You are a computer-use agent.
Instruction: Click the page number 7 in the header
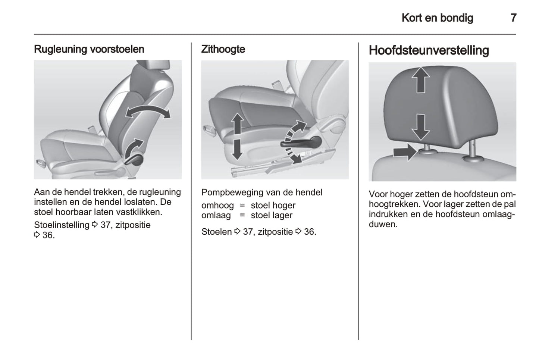pos(514,18)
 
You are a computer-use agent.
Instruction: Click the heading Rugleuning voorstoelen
pos(89,49)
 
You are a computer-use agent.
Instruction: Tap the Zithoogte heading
pos(223,49)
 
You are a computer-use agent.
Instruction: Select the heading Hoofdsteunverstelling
pos(429,50)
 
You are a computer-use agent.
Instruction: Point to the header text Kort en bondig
pos(438,18)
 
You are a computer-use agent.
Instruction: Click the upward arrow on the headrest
pos(421,80)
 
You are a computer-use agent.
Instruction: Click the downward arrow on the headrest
pos(421,127)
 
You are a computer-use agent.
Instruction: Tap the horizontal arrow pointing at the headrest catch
pos(405,152)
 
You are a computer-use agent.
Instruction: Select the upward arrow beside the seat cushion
pos(238,124)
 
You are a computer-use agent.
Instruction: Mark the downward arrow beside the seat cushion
pos(238,150)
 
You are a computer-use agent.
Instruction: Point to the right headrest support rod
pos(473,151)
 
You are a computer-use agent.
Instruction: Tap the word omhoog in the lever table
pos(217,206)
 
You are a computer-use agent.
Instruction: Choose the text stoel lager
pos(272,215)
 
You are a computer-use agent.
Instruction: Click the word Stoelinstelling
pos(62,225)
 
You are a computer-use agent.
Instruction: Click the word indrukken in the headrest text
pos(387,215)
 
